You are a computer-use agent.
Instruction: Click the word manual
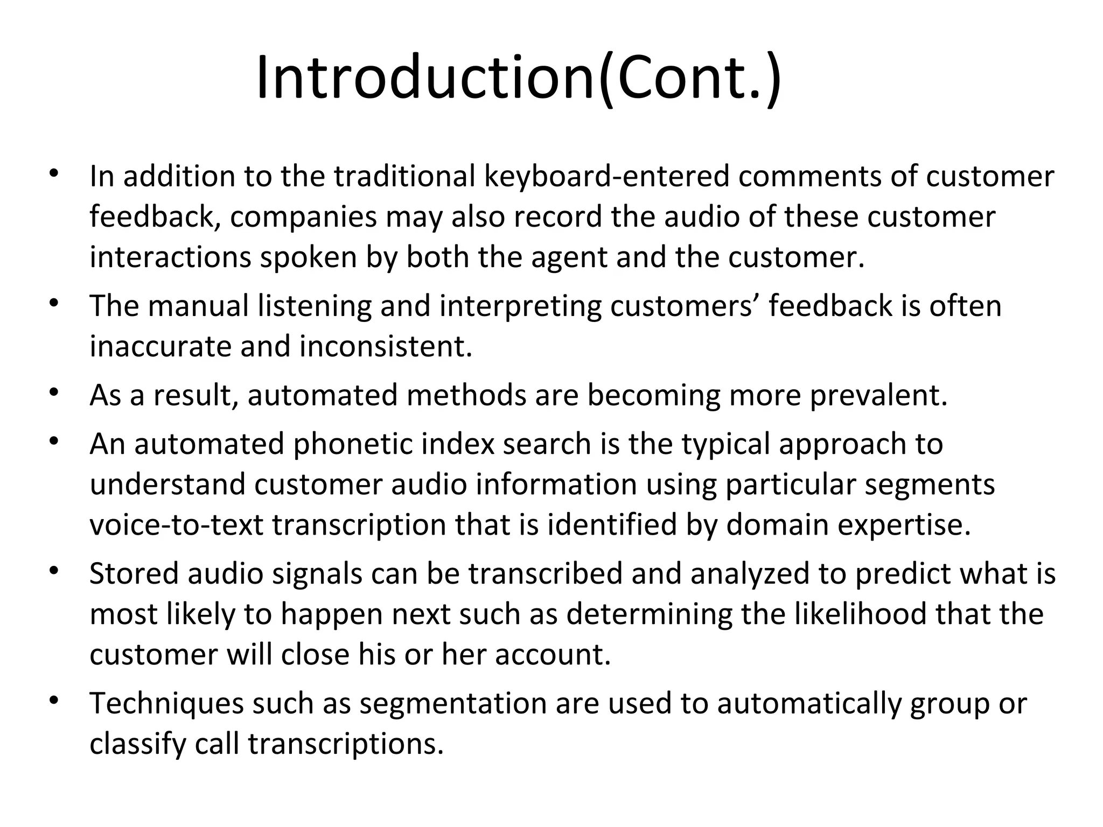(198, 306)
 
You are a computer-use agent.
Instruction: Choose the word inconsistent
(386, 346)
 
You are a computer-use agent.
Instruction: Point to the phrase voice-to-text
(176, 525)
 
